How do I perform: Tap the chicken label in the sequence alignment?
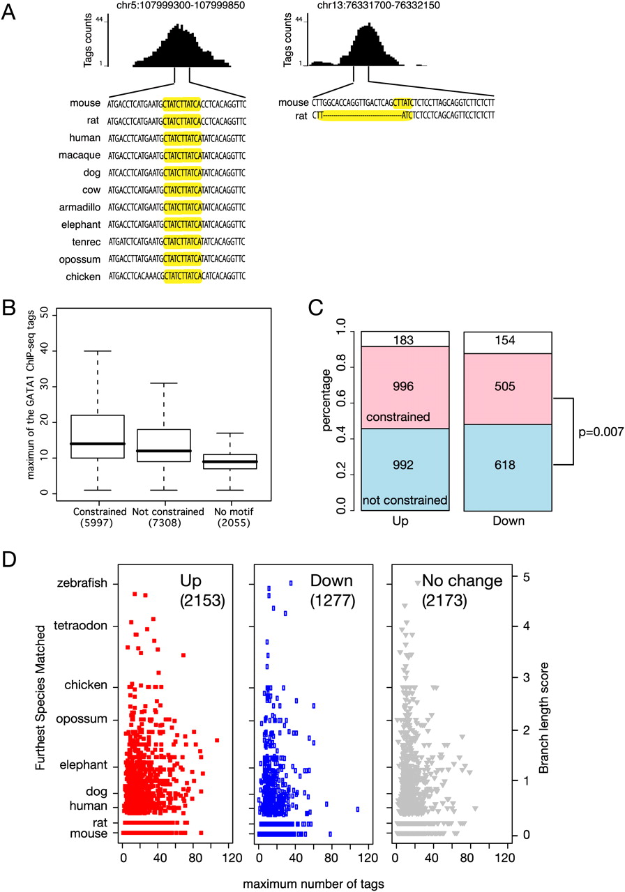click(x=82, y=277)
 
